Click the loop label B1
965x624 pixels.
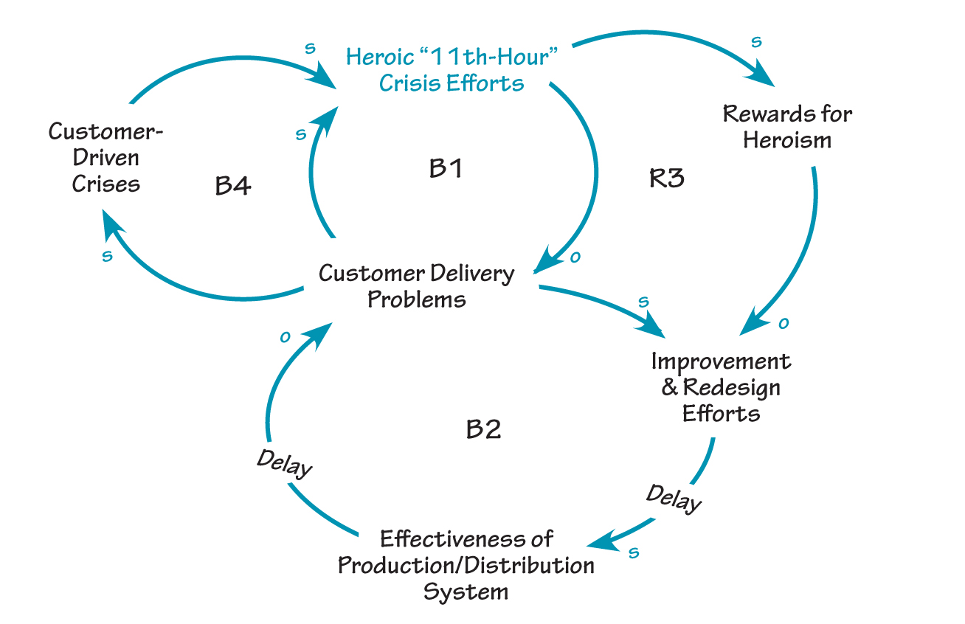click(446, 169)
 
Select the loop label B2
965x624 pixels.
click(484, 429)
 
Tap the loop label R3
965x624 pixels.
click(666, 178)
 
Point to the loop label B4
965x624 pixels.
click(233, 185)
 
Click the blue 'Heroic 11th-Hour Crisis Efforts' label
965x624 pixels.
click(451, 69)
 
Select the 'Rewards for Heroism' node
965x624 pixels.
click(787, 126)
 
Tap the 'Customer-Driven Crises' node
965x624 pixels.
click(106, 157)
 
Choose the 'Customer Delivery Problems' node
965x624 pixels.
click(417, 286)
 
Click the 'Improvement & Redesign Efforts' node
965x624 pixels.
click(721, 386)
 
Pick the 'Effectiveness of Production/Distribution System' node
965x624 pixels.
click(466, 565)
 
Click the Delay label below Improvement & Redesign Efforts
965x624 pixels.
click(674, 498)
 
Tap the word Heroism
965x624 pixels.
click(787, 139)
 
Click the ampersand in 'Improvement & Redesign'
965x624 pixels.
click(669, 387)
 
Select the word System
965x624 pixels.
click(466, 591)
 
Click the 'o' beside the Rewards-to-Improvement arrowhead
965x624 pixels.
click(784, 322)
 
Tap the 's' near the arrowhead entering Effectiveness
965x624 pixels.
click(633, 553)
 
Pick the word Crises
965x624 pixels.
click(106, 183)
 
